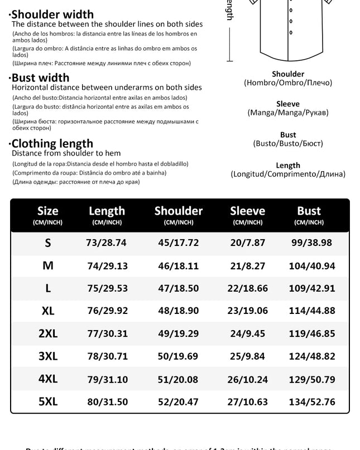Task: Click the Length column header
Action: point(107,211)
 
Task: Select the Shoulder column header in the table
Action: point(178,211)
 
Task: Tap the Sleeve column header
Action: point(247,211)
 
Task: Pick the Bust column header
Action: point(309,211)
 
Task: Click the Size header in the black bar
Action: point(47,211)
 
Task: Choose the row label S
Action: point(48,243)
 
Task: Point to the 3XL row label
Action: point(48,356)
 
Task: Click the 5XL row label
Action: point(48,401)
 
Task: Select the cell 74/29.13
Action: point(107,266)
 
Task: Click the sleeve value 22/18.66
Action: point(248,288)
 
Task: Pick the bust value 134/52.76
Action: point(312,401)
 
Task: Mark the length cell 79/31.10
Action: point(107,379)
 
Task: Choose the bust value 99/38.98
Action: point(311,243)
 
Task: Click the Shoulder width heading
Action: point(53,14)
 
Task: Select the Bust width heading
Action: point(40,78)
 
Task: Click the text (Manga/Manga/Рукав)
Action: point(288,113)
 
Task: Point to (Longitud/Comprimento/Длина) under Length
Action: point(288,174)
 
